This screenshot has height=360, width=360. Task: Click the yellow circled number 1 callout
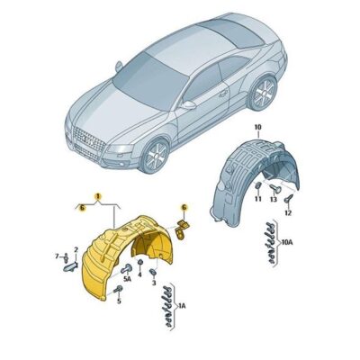coord(98,195)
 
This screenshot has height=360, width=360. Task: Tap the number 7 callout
coord(56,256)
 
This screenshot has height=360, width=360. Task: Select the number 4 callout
coord(157,256)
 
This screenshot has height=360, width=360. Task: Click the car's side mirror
coord(188,104)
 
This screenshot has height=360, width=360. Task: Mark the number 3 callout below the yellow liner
coord(154,282)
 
